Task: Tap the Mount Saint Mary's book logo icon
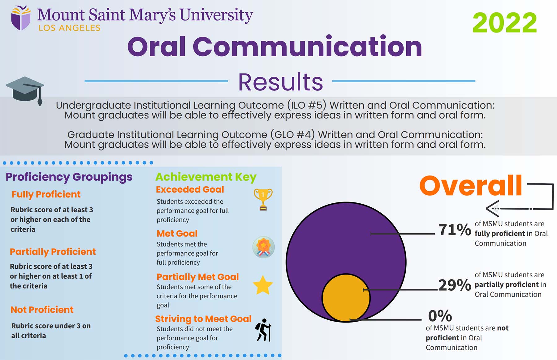click(x=21, y=18)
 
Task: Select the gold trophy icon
click(x=263, y=199)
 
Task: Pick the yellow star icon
click(x=263, y=285)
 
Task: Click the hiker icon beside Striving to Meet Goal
click(x=263, y=330)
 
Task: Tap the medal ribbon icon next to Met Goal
click(x=263, y=247)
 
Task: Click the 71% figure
click(x=454, y=230)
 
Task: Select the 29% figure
click(x=454, y=285)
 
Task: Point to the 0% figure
click(x=440, y=316)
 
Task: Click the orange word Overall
click(x=470, y=185)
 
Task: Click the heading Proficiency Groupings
click(x=69, y=177)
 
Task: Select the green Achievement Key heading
click(x=206, y=177)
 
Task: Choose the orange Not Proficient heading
click(x=42, y=310)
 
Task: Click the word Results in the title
click(x=280, y=82)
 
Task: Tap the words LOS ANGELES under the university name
click(x=69, y=28)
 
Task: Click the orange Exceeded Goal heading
click(x=190, y=189)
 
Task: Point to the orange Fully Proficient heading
click(x=46, y=194)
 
